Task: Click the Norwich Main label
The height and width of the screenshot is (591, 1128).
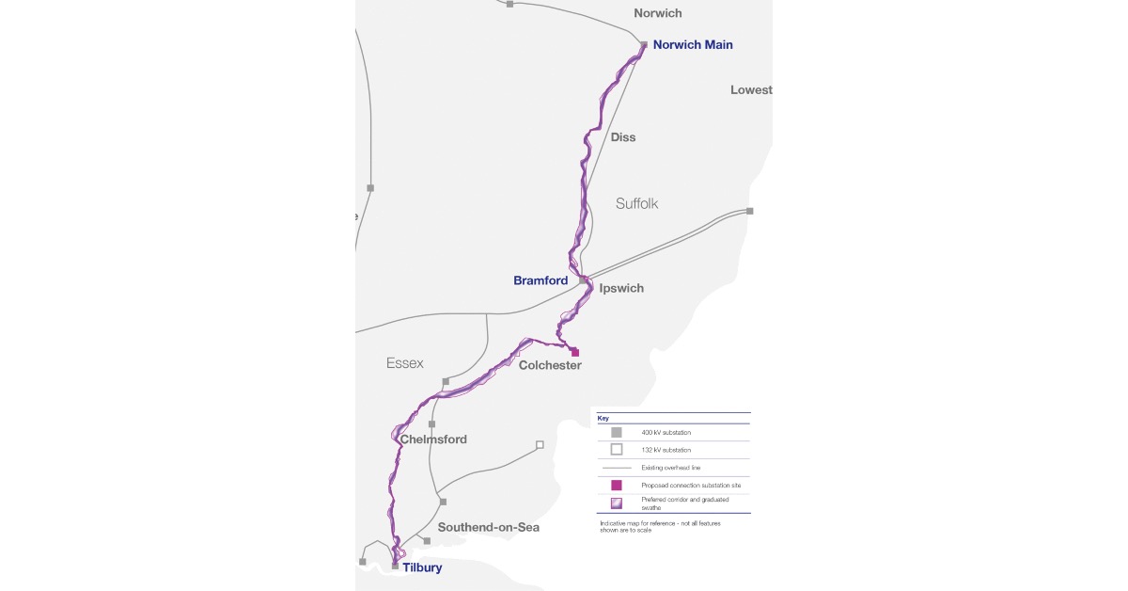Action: click(x=693, y=44)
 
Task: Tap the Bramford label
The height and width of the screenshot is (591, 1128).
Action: click(x=540, y=280)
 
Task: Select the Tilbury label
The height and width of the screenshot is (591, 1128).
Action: click(x=421, y=567)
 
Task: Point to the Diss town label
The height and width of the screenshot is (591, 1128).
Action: click(x=623, y=137)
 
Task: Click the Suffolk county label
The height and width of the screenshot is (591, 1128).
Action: click(x=638, y=203)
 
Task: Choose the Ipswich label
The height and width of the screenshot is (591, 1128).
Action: click(x=621, y=288)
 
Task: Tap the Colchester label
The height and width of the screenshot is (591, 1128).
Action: click(x=550, y=365)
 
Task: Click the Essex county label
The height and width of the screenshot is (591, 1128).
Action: click(x=405, y=363)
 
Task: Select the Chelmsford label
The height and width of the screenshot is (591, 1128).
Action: click(x=433, y=439)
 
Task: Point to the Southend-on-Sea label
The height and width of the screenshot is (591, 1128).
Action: click(x=489, y=527)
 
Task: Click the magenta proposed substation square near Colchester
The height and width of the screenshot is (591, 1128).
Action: click(x=575, y=353)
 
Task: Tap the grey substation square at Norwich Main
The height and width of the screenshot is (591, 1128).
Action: click(x=644, y=44)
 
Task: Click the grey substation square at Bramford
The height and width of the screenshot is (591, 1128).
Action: click(x=583, y=280)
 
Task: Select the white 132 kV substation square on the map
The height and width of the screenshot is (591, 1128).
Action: click(x=540, y=444)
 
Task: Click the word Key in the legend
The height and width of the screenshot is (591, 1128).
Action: click(x=603, y=417)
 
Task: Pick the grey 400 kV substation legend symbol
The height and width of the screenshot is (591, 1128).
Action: click(x=617, y=432)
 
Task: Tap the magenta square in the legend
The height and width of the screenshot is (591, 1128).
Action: click(x=617, y=485)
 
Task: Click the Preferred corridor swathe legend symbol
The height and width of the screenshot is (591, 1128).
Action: click(x=617, y=503)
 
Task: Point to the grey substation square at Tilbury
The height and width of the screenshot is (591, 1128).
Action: click(x=395, y=567)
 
